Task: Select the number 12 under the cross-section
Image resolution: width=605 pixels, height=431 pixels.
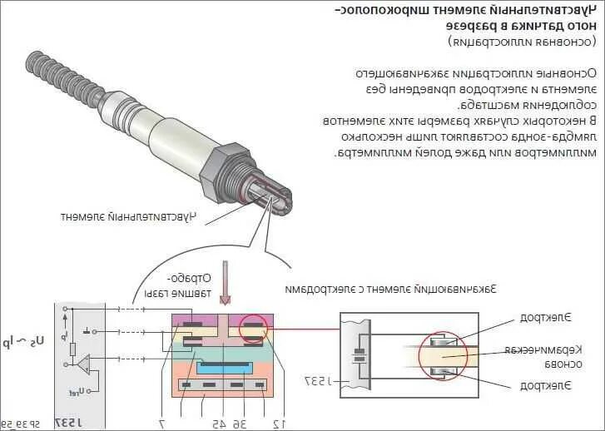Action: [280, 423]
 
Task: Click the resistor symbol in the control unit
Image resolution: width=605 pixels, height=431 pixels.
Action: [74, 349]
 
